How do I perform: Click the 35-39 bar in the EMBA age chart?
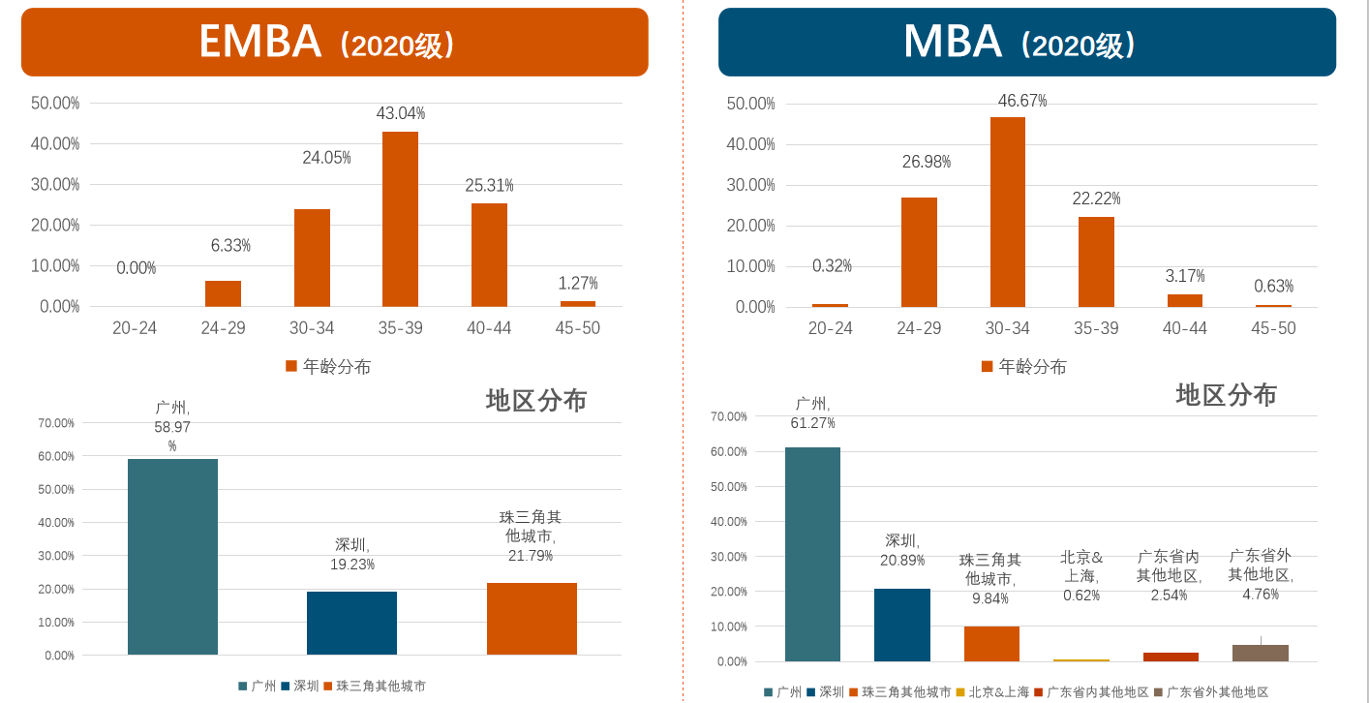[x=400, y=220]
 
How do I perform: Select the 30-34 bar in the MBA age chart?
[x=1007, y=212]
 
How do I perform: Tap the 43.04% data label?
[x=400, y=113]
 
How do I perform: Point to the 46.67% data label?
[x=1022, y=101]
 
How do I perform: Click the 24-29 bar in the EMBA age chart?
[x=223, y=293]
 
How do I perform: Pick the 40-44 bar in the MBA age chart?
[x=1184, y=300]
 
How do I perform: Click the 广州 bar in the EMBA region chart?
[x=172, y=557]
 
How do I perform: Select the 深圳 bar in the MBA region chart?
[x=901, y=625]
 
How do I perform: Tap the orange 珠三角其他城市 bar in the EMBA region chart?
[x=532, y=619]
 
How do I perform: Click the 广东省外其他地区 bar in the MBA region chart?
[x=1260, y=653]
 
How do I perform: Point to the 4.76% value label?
[x=1261, y=594]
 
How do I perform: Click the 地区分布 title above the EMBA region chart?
[x=536, y=400]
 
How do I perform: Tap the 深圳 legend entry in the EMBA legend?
[x=299, y=686]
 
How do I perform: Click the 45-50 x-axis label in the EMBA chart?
[x=577, y=328]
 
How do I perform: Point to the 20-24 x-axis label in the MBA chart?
[x=830, y=328]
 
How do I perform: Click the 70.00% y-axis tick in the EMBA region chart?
[x=57, y=423]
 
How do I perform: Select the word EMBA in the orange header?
[x=259, y=42]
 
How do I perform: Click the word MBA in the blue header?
[x=952, y=42]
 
